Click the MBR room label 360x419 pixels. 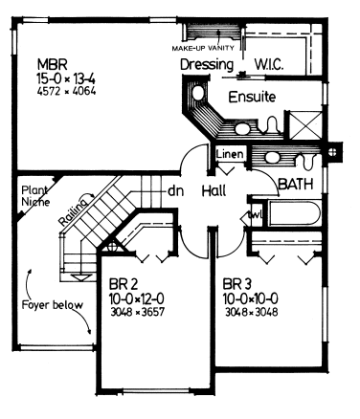(x=53, y=64)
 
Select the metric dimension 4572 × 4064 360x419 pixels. (x=66, y=92)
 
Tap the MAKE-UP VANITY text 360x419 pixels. (x=203, y=48)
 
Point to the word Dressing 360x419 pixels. (x=207, y=65)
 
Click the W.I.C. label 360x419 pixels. (x=269, y=65)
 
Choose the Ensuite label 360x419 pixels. (x=252, y=97)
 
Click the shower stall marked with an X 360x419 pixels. (x=305, y=125)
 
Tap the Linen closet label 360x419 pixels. (x=230, y=154)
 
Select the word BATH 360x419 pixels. (x=296, y=184)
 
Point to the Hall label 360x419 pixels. (x=214, y=190)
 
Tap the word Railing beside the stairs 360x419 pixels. (x=74, y=212)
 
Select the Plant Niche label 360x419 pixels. (x=35, y=196)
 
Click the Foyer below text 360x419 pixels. (x=53, y=305)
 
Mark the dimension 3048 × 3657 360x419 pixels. (x=138, y=312)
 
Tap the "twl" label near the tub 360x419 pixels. (x=257, y=214)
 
